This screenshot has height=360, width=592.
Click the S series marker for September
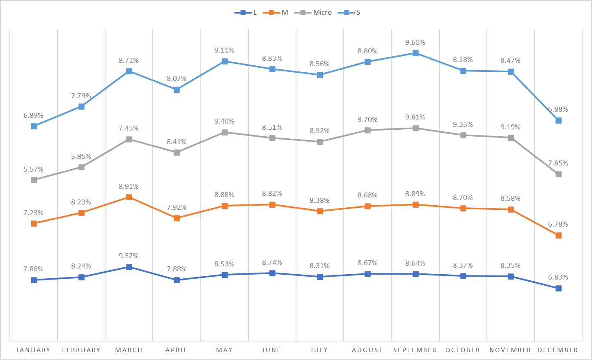[x=415, y=53]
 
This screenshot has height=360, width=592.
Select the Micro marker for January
[x=34, y=180]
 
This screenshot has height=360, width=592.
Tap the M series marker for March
[x=129, y=197]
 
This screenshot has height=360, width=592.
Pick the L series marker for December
[x=558, y=289]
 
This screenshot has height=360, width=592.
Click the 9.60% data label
[x=415, y=43]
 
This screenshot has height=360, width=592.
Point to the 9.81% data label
[x=415, y=117]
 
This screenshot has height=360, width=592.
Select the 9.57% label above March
[x=129, y=256]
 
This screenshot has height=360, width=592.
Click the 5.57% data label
[x=33, y=170]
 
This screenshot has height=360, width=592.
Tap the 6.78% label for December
[x=558, y=225]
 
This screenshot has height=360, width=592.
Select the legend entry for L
[x=246, y=13]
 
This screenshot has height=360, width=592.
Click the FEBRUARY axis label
[x=81, y=350]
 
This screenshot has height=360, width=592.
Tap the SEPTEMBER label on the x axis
[x=415, y=350]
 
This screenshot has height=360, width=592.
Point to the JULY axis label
[x=319, y=350]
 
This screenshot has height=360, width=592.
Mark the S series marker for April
[x=177, y=90]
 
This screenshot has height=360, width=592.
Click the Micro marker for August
[x=367, y=131]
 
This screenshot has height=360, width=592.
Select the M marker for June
[x=272, y=205]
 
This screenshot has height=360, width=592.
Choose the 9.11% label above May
[x=224, y=50]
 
